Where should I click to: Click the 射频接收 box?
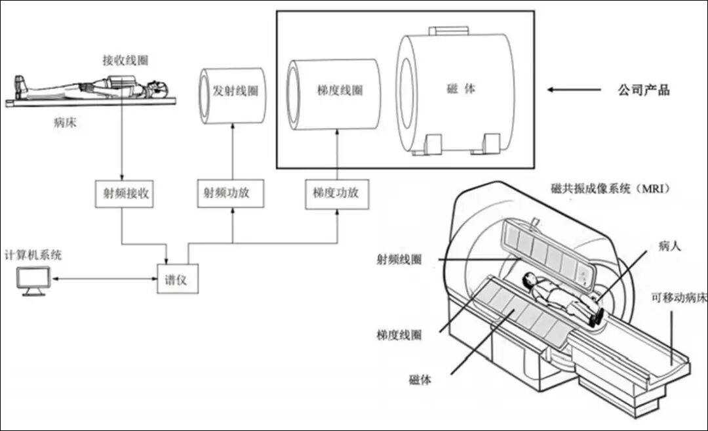point(123,194)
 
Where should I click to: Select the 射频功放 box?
point(231,194)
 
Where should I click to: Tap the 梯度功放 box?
point(336,194)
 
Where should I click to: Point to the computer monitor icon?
point(33,282)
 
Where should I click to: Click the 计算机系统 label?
point(33,255)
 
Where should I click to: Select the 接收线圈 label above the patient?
point(125,60)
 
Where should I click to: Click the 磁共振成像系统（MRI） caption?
point(614,189)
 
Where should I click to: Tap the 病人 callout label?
point(670,246)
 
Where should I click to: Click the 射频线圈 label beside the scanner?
point(398,260)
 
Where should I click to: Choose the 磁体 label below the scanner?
point(420,379)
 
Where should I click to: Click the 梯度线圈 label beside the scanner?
point(399,335)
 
